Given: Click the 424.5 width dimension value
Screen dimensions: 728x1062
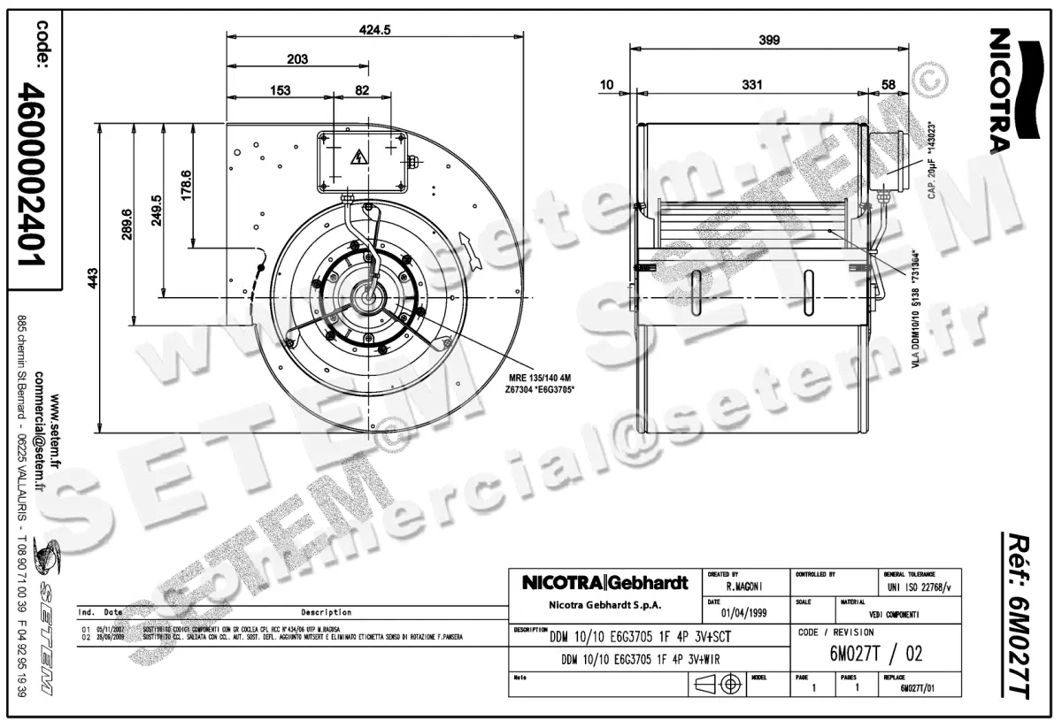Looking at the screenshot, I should pos(375,28).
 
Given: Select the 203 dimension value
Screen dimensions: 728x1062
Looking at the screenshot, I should pos(297,59).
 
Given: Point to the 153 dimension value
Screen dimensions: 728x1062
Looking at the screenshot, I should pos(280,90).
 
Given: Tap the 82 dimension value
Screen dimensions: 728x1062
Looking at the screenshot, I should pos(361,90).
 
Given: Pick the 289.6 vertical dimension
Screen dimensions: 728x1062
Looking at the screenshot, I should pos(125,224).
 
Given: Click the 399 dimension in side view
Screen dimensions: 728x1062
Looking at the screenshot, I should pos(769,39).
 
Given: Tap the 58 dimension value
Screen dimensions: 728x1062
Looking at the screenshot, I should pos(889,84).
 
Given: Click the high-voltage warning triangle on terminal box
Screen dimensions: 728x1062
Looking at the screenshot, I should pos(358,158).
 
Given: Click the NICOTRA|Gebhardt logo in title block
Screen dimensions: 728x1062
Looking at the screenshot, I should pos(605,583).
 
